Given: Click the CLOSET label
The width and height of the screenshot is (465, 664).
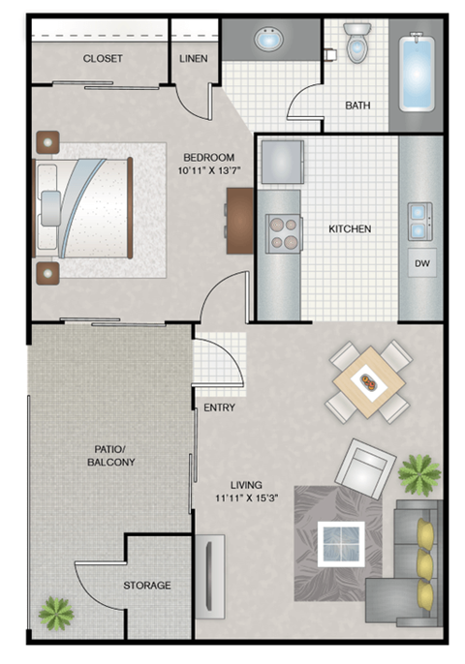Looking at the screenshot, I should [103, 58].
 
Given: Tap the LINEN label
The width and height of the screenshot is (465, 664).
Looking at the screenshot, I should [194, 58].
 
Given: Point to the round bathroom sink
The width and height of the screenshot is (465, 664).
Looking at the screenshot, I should [266, 42].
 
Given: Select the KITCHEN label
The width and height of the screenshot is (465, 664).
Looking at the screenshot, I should [350, 229].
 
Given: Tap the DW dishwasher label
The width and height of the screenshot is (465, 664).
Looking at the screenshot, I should [421, 262].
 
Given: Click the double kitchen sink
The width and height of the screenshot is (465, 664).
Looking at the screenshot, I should [421, 220].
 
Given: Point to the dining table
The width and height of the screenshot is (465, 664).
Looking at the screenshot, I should [368, 381].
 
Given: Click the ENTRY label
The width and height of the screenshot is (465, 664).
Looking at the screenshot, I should [219, 407].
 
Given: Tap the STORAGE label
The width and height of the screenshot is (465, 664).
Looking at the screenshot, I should [146, 586].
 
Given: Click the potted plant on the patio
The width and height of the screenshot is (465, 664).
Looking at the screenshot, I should [55, 613].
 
